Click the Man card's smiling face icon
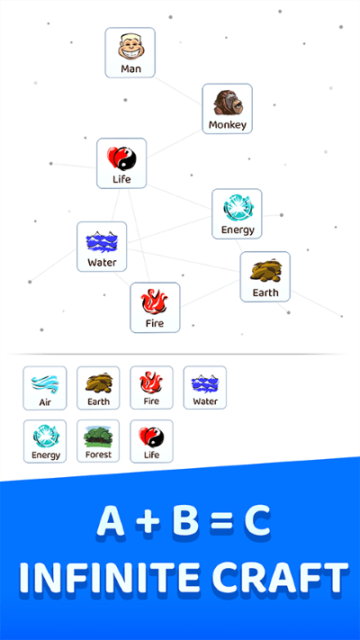coord(130,47)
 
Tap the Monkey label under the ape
coord(228,125)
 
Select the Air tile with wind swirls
coord(45,388)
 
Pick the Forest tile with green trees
coord(98,441)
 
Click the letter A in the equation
coord(111,522)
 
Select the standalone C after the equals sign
coord(256,522)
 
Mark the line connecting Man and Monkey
coord(178,91)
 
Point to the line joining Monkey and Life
coord(175,144)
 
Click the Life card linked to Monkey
coord(121,163)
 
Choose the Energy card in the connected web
coord(237,213)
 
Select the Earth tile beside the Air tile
coord(98,388)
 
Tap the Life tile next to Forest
coord(151,441)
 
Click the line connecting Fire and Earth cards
coord(210,293)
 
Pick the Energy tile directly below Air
coord(45,441)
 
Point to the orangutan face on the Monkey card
coord(229,103)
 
